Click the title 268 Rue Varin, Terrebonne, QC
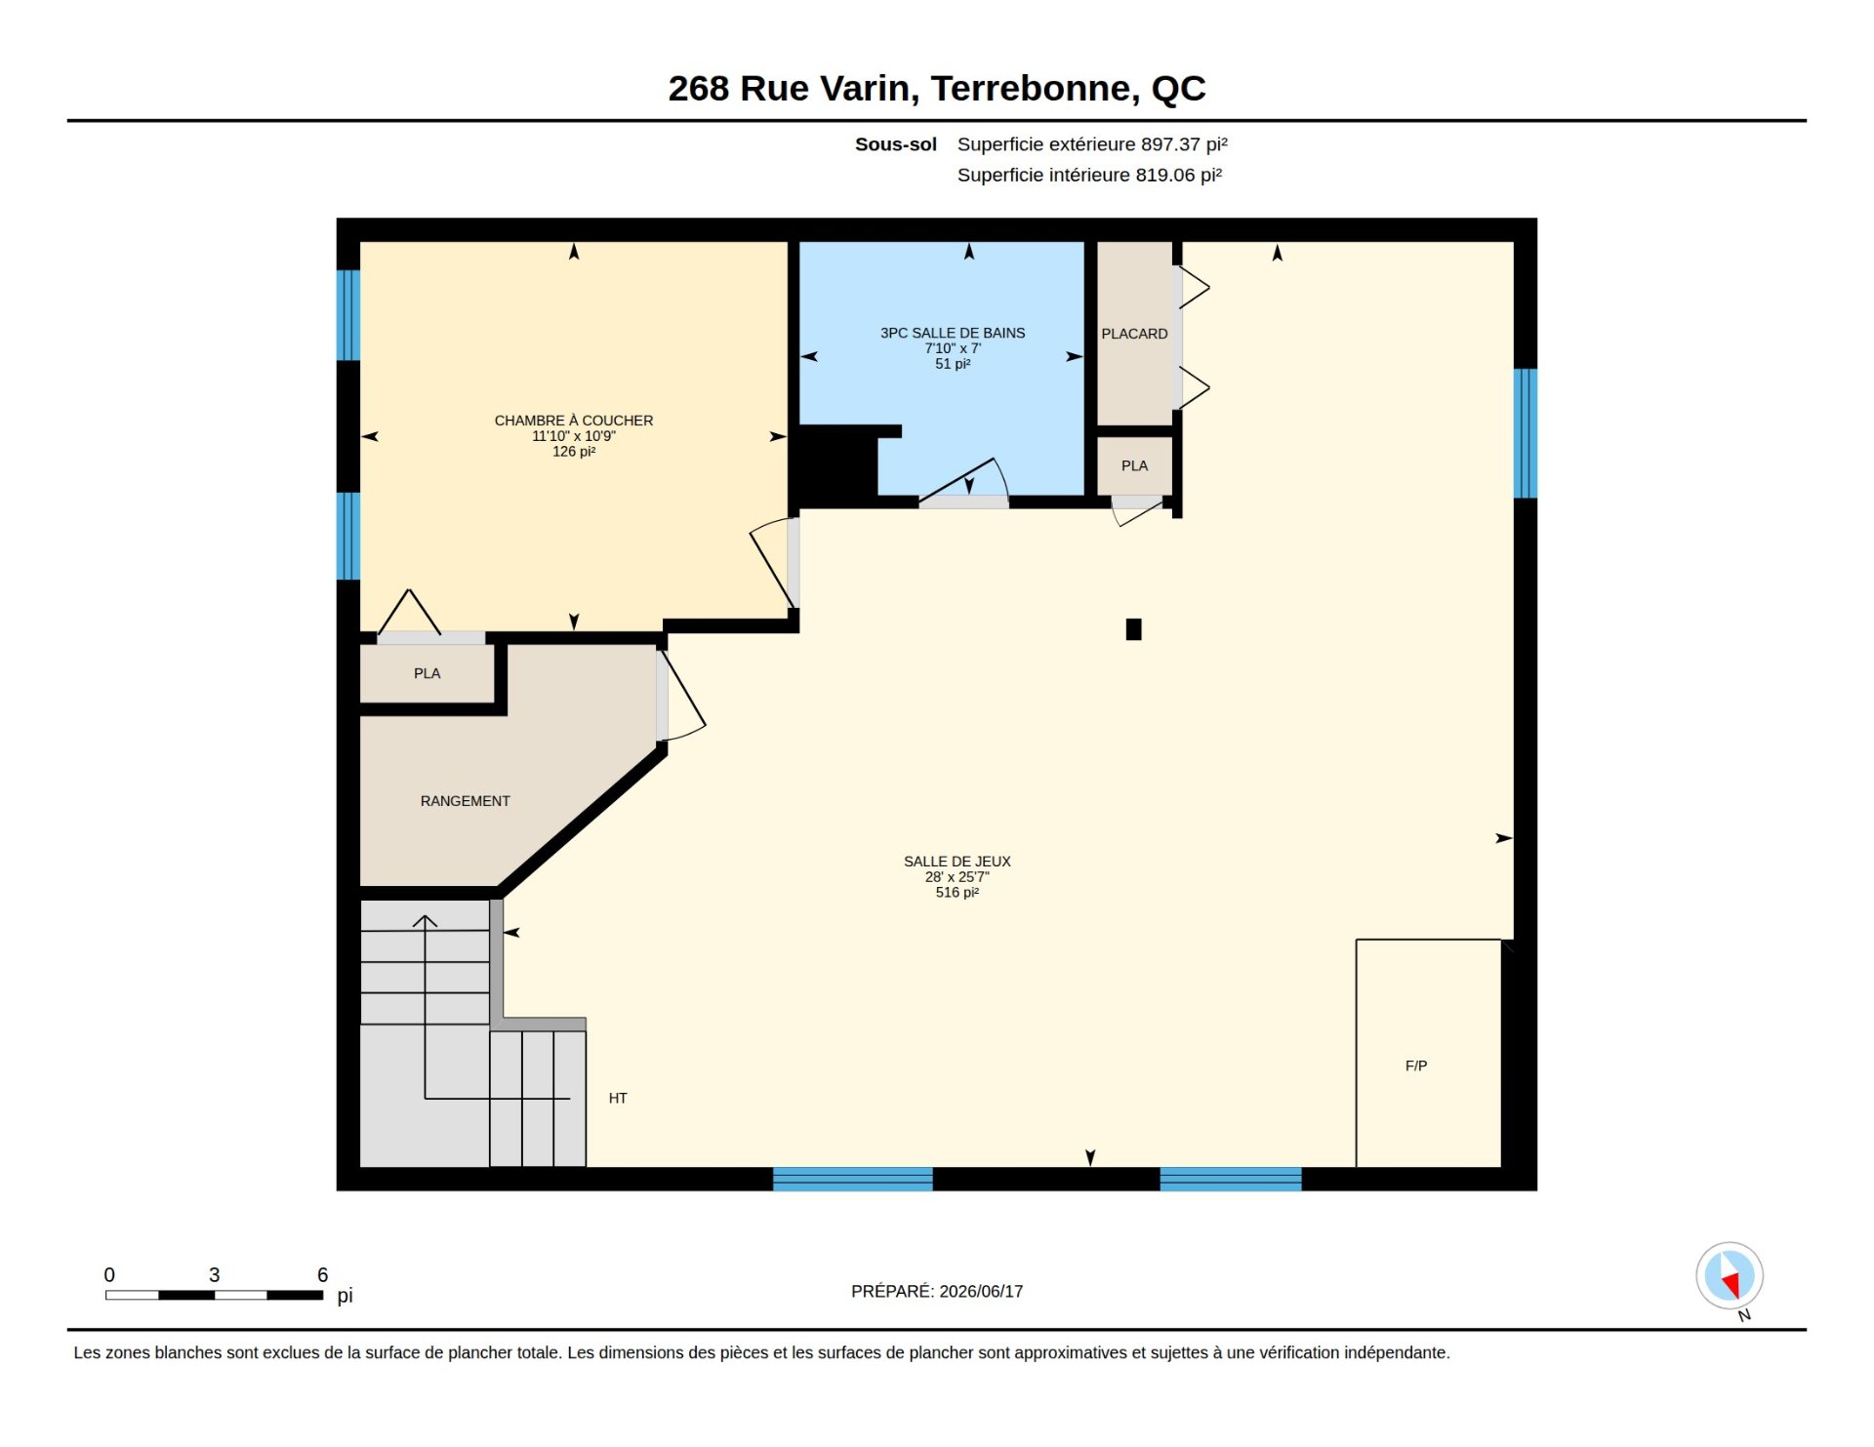tap(936, 89)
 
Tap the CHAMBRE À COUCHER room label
tap(574, 421)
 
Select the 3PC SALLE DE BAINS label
tap(953, 333)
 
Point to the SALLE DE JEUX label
tap(957, 862)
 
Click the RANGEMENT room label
tap(465, 801)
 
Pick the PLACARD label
tap(1134, 334)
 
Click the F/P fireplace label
tap(1415, 1065)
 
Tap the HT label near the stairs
tap(618, 1099)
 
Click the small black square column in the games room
tap(1133, 629)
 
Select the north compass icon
tap(1730, 1276)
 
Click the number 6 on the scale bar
tap(322, 1274)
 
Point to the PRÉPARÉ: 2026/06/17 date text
tap(937, 1291)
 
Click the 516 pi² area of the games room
tap(957, 893)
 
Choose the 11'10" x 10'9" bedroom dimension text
tap(574, 436)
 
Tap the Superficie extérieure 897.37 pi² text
tap(1092, 144)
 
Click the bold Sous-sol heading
tap(895, 144)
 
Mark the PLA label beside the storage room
tap(427, 673)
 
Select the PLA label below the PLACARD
tap(1134, 465)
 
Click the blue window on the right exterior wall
tap(1525, 433)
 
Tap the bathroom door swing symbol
tap(964, 480)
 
